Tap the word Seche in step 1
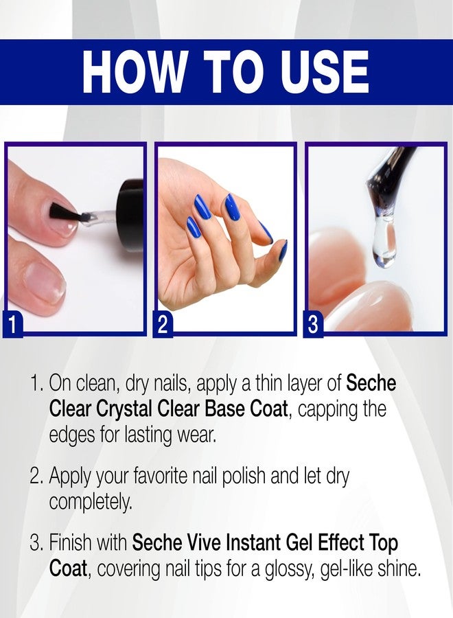point(371,383)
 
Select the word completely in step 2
point(89,503)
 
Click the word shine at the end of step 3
point(396,569)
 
